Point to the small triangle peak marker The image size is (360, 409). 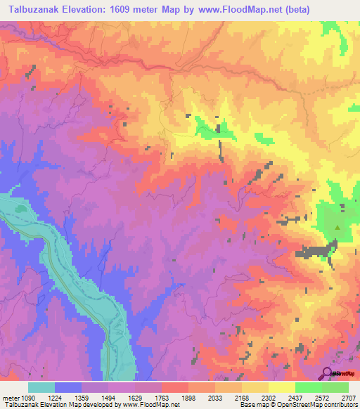[337, 227]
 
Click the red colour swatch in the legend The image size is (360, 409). [176, 387]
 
